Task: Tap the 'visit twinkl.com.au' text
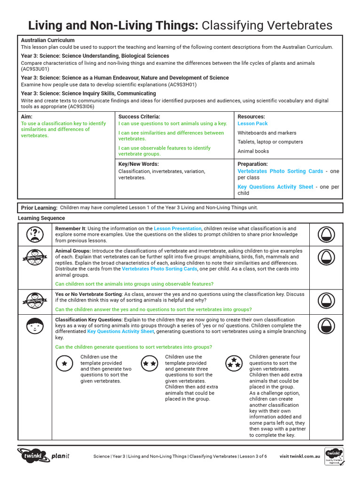coord(300,456)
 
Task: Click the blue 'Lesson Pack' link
coord(252,124)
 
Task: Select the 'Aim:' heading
coord(27,116)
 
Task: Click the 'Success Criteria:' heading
coord(139,116)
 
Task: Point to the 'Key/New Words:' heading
coord(138,164)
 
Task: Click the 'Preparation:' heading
coord(252,164)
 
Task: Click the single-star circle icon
coord(64,364)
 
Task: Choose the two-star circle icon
coord(149,364)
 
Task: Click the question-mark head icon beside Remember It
coord(36,233)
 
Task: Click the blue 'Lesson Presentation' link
coord(178,229)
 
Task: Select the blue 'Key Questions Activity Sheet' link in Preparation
coord(275,187)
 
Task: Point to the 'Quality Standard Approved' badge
coord(334,456)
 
